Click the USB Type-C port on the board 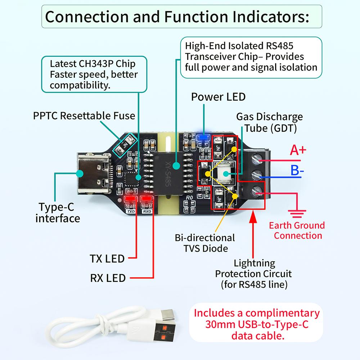(x=93, y=175)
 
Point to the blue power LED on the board (x=204, y=137)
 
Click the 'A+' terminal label (x=298, y=150)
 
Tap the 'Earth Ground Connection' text (x=297, y=231)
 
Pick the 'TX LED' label (x=107, y=258)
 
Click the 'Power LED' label (x=218, y=97)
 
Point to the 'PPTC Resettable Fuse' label (x=84, y=116)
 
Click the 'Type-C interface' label (x=58, y=213)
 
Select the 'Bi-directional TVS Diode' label (x=204, y=243)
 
